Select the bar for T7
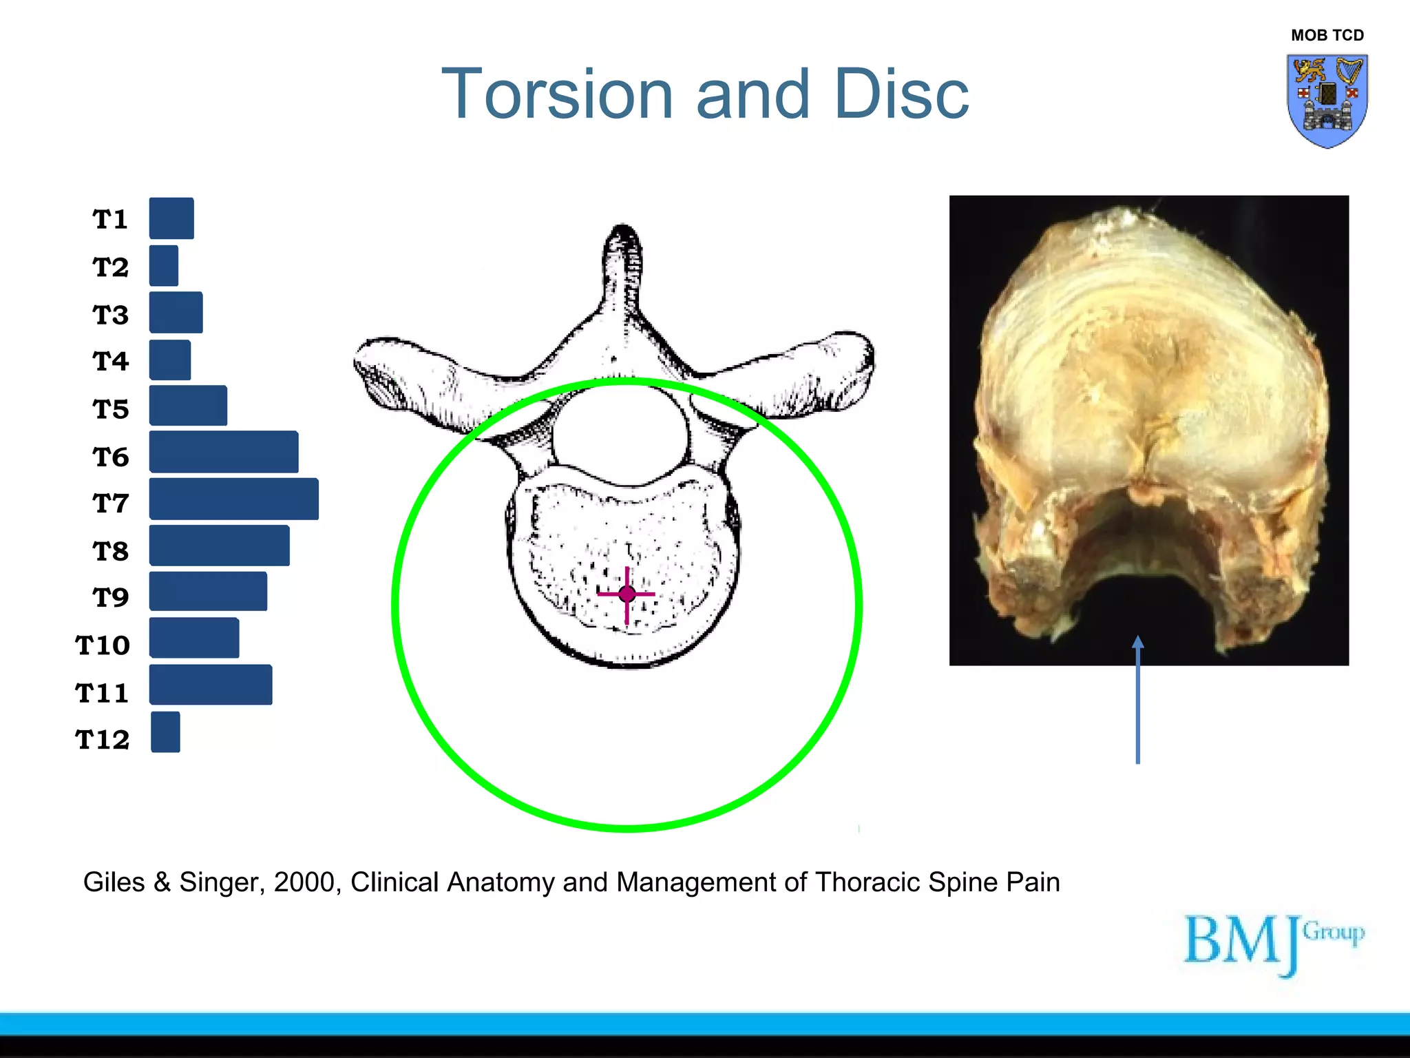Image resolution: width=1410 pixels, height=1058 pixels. click(233, 499)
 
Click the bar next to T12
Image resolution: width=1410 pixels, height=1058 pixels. click(165, 732)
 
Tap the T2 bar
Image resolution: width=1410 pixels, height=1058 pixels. click(164, 266)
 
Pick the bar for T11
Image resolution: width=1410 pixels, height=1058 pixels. click(211, 685)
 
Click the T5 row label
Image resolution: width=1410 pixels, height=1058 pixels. click(111, 409)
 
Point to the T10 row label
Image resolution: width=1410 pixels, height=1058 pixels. click(103, 645)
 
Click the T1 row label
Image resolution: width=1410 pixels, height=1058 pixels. click(110, 219)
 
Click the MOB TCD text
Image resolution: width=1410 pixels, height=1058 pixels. click(1327, 35)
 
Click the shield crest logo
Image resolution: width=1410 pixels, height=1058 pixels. click(1327, 101)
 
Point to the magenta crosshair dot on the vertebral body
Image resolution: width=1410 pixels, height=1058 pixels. click(627, 594)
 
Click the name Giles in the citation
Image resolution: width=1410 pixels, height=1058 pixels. click(114, 882)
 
